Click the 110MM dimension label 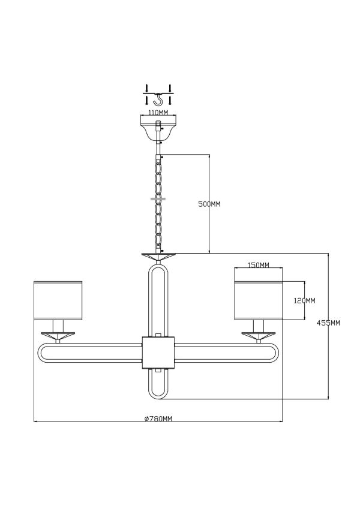point(158,113)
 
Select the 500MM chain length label point(209,204)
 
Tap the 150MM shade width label point(259,265)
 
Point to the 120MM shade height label point(304,300)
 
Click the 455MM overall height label point(328,323)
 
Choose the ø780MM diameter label point(158,418)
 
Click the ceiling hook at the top point(158,100)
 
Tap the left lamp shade point(58,300)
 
